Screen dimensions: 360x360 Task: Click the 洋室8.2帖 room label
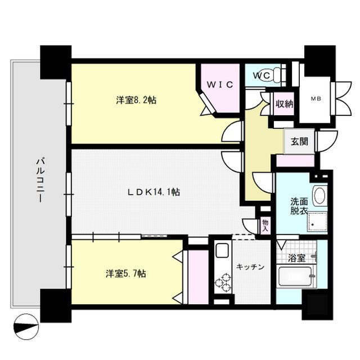[x=136, y=100]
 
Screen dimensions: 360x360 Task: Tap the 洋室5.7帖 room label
[x=127, y=274]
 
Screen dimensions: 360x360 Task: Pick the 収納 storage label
[x=285, y=103]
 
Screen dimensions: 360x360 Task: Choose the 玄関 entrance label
[x=299, y=142]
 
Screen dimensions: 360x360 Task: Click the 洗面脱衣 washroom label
[x=299, y=206]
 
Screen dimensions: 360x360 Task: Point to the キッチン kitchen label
[x=251, y=267]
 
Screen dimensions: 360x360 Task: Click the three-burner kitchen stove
[x=223, y=282]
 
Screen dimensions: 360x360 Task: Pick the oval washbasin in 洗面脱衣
[x=319, y=196]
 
